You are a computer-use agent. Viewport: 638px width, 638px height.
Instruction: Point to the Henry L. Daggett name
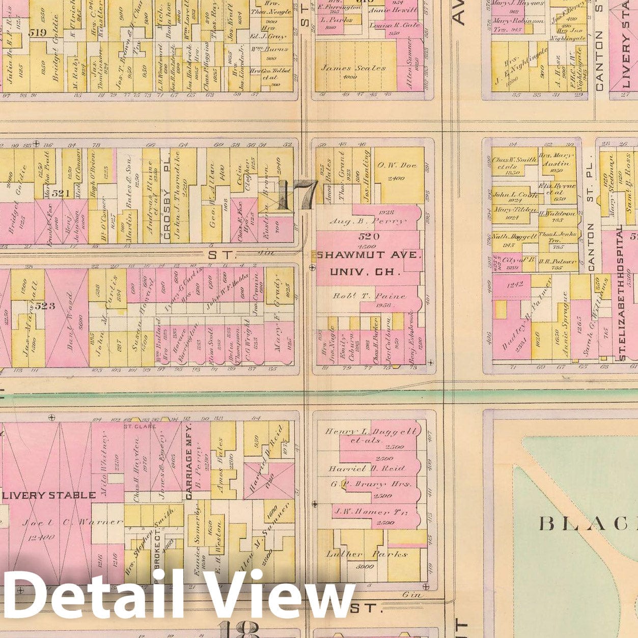point(372,432)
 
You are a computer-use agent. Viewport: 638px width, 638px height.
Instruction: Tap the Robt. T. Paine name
point(369,295)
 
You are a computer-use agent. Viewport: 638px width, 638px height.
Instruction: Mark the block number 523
point(49,306)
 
